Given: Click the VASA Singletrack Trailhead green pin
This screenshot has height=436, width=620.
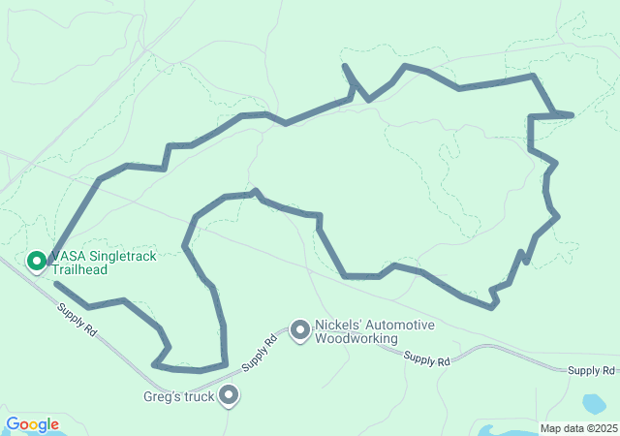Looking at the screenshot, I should pos(37,261).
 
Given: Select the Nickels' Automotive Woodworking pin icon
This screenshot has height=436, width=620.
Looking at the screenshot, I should pos(300,331).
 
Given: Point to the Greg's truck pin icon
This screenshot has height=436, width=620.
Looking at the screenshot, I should pos(229,394).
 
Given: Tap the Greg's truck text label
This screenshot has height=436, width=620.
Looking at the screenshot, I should pos(179,395).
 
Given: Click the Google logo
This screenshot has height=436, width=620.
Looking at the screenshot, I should pos(32,424).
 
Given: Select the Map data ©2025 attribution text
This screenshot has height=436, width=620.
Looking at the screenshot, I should pos(578,428).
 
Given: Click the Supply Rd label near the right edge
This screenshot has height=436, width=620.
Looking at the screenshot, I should pos(591,370).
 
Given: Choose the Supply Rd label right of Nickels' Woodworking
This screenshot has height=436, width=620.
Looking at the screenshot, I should pos(427,360).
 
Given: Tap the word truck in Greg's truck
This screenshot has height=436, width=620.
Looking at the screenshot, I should pos(198,395).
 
